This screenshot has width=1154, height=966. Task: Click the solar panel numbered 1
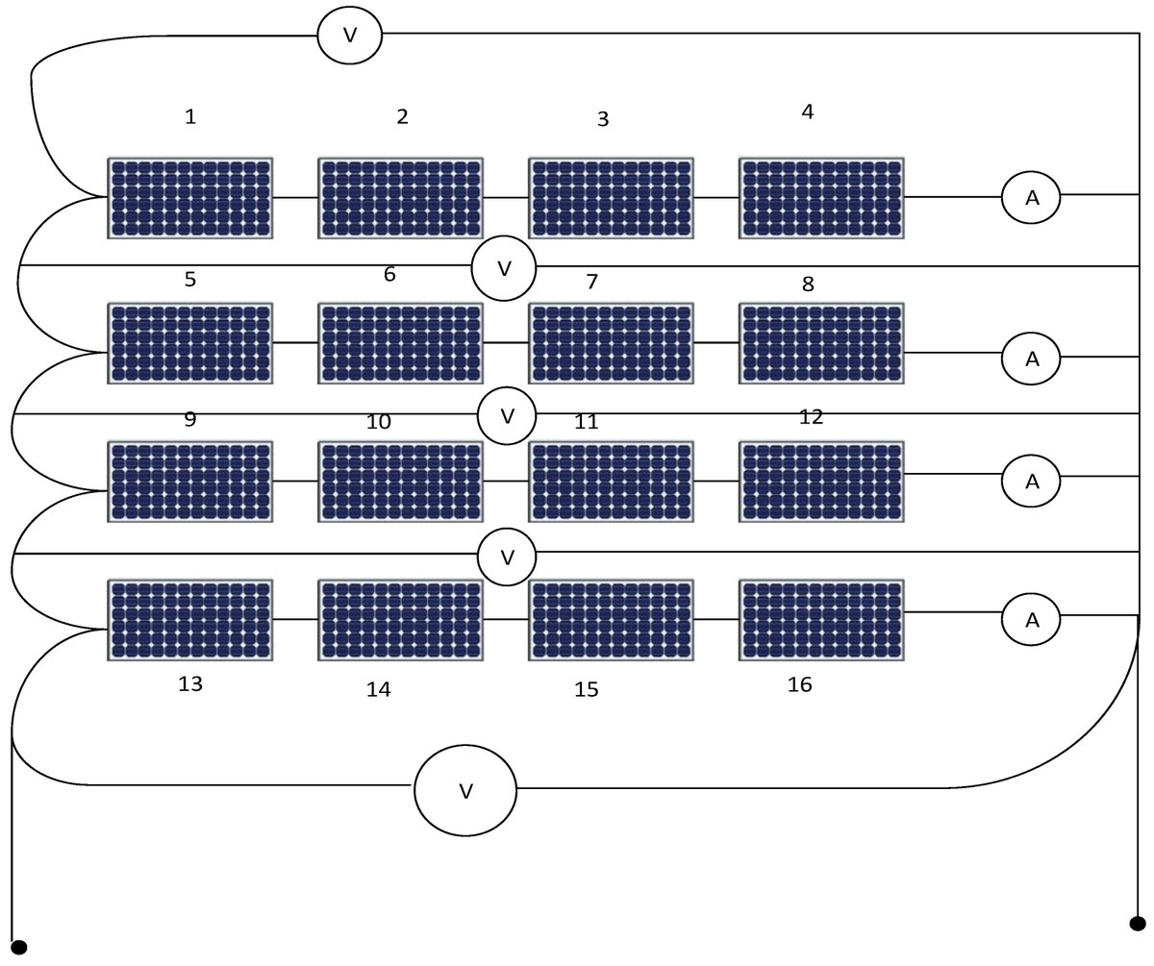coord(189,198)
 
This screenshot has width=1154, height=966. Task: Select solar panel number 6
coord(400,343)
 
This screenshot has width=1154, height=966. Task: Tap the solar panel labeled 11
coord(611,482)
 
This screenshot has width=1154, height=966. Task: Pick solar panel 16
coord(821,620)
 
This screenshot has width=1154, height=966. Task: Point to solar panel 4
coord(821,198)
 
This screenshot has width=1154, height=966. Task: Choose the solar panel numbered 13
coord(189,620)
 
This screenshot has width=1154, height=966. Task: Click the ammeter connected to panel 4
coord(1031,197)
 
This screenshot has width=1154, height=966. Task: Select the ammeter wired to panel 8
coord(1031,359)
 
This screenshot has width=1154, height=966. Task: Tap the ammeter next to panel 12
coord(1031,481)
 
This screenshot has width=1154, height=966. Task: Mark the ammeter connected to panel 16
coord(1031,620)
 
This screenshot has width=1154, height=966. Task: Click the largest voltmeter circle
coord(465,790)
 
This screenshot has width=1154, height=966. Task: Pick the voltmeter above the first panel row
coord(350,35)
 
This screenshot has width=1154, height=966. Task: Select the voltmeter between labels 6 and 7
coord(504,268)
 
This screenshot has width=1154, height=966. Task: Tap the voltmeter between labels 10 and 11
coord(508,415)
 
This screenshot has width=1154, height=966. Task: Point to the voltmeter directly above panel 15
coord(508,557)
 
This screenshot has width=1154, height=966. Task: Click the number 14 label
coord(379,688)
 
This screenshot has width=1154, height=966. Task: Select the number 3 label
coord(603,119)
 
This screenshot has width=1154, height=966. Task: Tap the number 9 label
coord(189,419)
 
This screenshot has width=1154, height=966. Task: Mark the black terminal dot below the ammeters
coord(1138,924)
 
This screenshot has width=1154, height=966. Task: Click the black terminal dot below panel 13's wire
coord(18,947)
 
